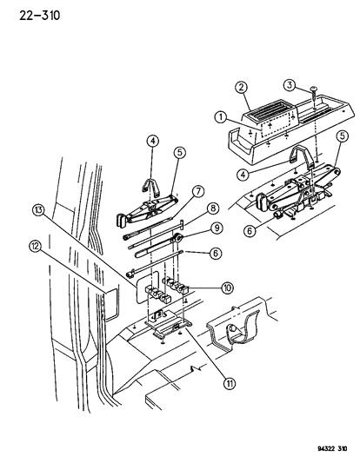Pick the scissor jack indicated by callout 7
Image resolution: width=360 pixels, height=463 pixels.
pyautogui.click(x=148, y=212)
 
